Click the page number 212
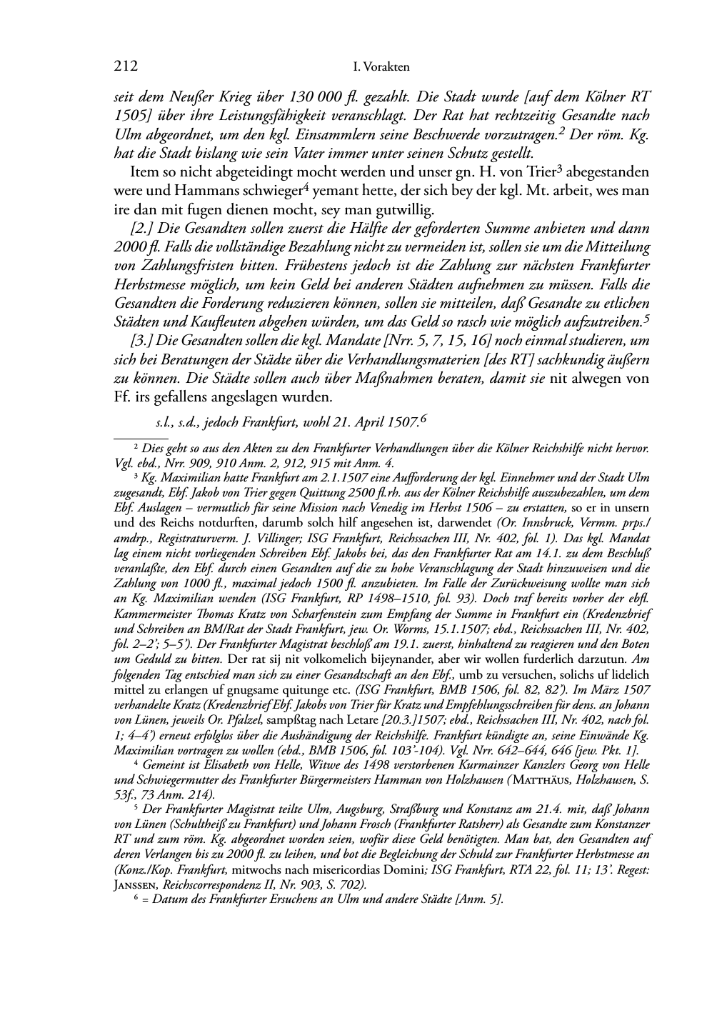[125, 67]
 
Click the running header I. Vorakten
[381, 68]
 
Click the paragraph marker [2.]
[134, 229]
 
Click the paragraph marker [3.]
[134, 341]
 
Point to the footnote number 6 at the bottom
[136, 899]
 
